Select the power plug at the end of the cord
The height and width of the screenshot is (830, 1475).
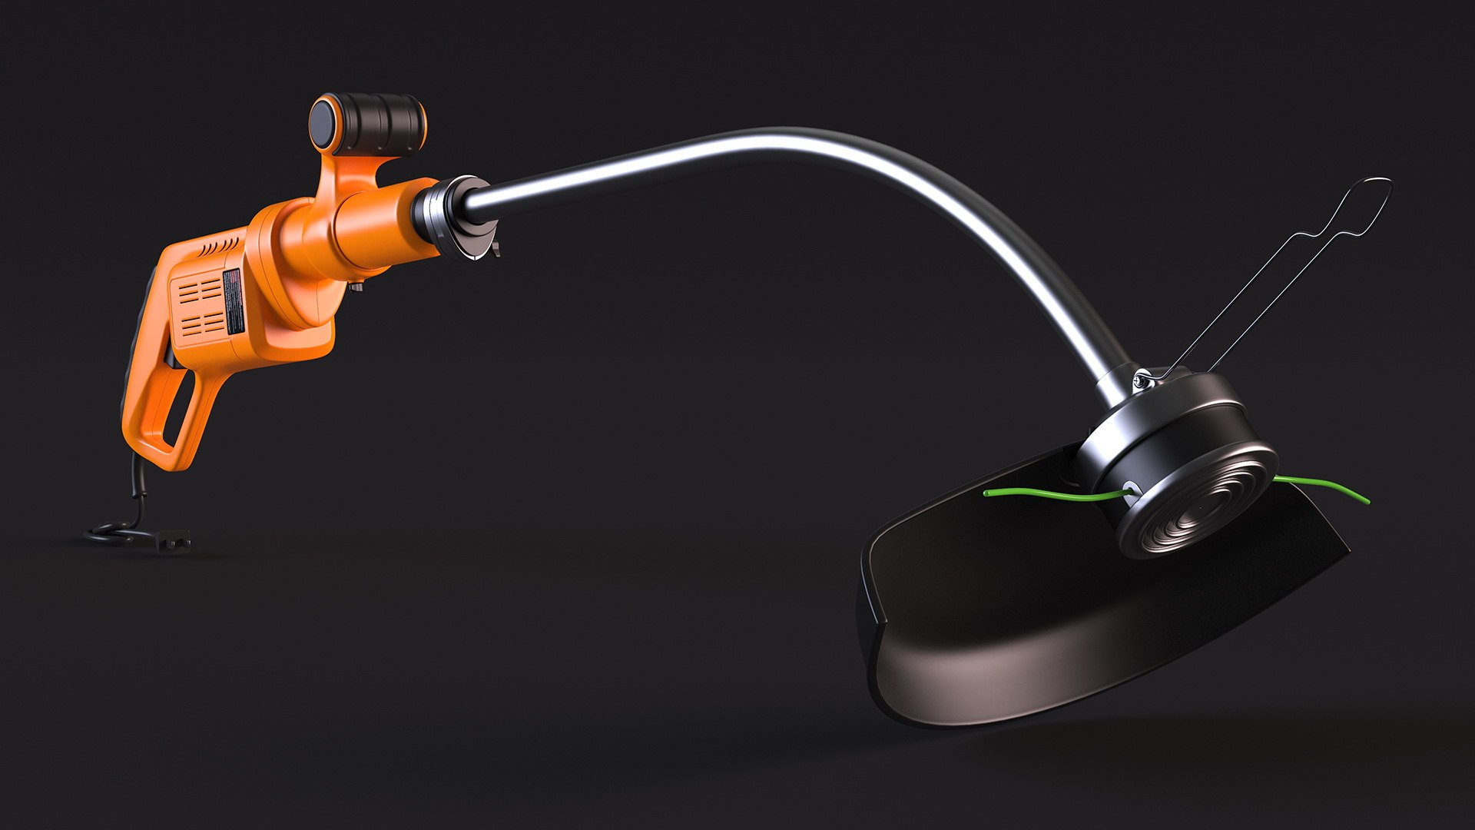pos(172,539)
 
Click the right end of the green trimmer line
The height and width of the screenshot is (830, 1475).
pos(1366,500)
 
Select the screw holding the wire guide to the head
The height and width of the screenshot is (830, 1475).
pos(1142,378)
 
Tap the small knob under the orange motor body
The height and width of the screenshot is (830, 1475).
pos(355,287)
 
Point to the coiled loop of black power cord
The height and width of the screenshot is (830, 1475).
pos(115,531)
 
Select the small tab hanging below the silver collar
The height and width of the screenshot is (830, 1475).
pos(496,249)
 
